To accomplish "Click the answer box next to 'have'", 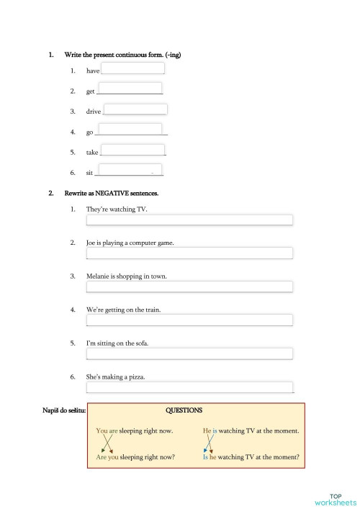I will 133,69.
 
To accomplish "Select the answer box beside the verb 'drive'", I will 136,109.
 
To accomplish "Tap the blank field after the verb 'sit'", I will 129,171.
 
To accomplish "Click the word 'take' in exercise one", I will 92,153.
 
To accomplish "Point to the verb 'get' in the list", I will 90,92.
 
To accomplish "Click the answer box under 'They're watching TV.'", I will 189,220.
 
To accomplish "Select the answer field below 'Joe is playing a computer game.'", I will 189,253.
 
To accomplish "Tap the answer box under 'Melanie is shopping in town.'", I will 189,287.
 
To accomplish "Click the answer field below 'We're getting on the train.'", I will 189,320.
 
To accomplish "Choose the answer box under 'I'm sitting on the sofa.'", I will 189,353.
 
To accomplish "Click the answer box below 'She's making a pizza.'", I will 189,387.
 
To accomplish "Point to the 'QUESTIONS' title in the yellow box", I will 184,410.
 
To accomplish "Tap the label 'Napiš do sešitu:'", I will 64,410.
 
